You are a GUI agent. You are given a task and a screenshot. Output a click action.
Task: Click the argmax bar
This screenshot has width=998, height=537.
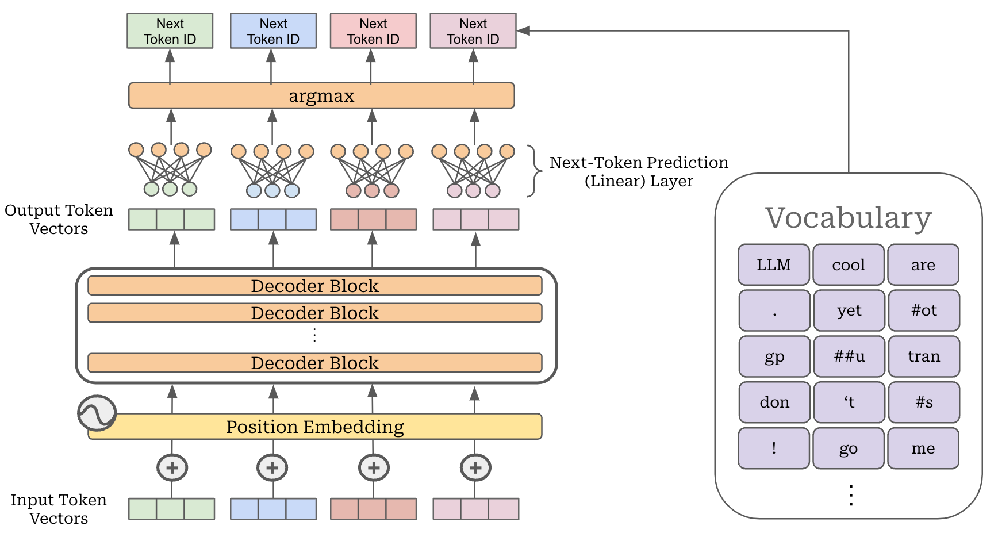(321, 95)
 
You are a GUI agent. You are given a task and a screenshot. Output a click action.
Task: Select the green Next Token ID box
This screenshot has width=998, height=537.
(170, 31)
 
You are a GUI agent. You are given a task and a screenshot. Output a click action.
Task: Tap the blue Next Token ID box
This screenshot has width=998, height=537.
(273, 31)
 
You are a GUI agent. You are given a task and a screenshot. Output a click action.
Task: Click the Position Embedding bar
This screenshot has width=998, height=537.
(314, 427)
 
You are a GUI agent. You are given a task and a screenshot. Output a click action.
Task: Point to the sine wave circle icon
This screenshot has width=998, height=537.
(97, 413)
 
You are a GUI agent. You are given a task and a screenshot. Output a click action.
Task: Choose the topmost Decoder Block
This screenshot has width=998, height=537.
(314, 286)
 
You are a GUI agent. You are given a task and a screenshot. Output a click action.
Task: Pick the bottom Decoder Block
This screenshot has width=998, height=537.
(314, 363)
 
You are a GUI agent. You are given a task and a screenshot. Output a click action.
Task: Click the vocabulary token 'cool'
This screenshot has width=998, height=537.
(848, 264)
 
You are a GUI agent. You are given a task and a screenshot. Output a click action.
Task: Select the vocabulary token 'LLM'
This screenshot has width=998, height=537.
(773, 264)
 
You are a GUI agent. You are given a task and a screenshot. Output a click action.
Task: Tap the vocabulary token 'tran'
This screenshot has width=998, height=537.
(923, 356)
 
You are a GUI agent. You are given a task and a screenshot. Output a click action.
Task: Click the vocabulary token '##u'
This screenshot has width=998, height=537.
(849, 356)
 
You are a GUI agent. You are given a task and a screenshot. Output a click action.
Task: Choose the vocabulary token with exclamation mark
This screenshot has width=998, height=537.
(774, 448)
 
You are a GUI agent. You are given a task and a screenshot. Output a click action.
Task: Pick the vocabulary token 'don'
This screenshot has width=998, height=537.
(774, 402)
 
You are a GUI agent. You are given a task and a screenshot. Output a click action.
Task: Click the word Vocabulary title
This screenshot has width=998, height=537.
(848, 218)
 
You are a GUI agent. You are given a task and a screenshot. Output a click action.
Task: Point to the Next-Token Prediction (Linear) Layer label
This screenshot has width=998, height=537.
(638, 171)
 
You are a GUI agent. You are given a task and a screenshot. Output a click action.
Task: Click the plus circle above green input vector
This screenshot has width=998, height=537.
(172, 468)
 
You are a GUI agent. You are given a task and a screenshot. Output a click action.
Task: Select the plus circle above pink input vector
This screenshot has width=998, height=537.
(475, 468)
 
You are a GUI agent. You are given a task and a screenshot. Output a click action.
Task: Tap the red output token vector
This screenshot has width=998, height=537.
(373, 220)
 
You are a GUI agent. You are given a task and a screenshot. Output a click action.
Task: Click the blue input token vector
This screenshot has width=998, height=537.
(273, 509)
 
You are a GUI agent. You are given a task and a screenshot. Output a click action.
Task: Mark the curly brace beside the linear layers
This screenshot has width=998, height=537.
(536, 171)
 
